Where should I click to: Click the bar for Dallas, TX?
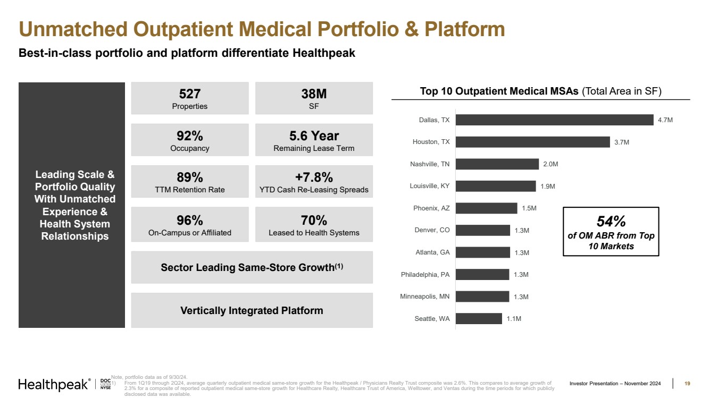coord(554,120)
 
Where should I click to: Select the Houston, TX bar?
coord(532,142)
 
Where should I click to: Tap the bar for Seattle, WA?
coord(479,318)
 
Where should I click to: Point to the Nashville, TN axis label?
coord(430,164)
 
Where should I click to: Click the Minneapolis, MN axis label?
coord(425,297)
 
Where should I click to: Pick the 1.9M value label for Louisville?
coord(548,186)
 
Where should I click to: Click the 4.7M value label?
coord(665,120)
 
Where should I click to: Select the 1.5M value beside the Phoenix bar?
coord(529,208)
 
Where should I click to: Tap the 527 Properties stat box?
coord(190,98)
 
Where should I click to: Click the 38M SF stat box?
coord(314,98)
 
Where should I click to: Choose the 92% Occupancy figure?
coord(190,136)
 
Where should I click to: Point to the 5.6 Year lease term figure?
coord(314,136)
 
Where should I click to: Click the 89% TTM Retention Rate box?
coord(190,181)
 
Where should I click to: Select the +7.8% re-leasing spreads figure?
coord(314,177)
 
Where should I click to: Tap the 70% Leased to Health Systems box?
coord(314,224)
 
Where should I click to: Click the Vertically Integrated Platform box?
coord(252,310)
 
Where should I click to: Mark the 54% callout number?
coord(611,221)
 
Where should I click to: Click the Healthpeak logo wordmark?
coord(53,385)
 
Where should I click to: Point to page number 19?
coord(687,384)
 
